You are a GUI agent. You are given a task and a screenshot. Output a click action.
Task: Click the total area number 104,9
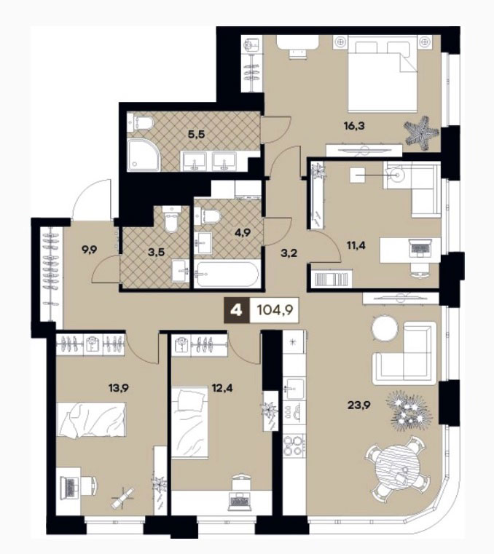point(275,311)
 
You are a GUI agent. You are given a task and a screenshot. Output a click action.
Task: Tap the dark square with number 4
point(237,311)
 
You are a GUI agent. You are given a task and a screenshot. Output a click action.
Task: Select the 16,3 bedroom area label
point(354,125)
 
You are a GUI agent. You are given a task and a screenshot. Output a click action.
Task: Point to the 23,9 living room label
point(358,405)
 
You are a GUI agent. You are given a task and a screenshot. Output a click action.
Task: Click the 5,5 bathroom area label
point(196,134)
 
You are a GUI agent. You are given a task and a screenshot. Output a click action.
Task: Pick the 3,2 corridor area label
point(289,253)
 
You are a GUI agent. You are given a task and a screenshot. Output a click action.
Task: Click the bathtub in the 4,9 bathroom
point(228,274)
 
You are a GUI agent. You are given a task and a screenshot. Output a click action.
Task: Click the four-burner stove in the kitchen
point(294,446)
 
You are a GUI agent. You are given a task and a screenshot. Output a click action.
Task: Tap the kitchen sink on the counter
point(294,388)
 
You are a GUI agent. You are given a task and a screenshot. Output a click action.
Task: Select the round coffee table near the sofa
point(385,328)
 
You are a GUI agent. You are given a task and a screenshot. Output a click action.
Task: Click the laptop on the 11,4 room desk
point(420,248)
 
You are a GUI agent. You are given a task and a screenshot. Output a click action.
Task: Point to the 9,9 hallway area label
point(89,250)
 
